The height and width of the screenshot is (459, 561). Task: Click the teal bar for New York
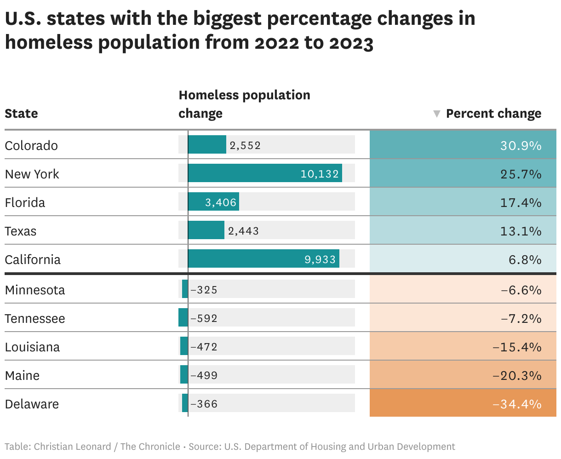(x=265, y=173)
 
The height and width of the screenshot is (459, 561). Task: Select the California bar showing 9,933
(x=263, y=258)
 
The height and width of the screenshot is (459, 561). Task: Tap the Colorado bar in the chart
(x=207, y=144)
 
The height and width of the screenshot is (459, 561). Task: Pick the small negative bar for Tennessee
(x=183, y=317)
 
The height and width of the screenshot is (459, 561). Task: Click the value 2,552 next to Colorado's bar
(x=245, y=145)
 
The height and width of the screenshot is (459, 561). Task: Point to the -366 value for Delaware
(x=204, y=404)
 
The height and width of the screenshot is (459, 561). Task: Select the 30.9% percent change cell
(x=463, y=145)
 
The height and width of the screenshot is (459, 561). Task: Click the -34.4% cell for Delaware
(x=463, y=403)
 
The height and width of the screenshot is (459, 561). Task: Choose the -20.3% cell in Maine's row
(x=463, y=374)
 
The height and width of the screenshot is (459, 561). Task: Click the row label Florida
(x=25, y=203)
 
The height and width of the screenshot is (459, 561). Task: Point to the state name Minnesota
(x=35, y=290)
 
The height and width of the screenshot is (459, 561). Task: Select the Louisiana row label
(x=32, y=347)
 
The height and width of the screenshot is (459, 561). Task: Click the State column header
(x=21, y=113)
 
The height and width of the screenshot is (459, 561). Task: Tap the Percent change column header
(x=494, y=114)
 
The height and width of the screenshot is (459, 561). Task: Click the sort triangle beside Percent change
(x=436, y=114)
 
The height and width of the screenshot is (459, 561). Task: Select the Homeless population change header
(x=244, y=104)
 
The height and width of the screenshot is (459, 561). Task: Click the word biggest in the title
(x=227, y=18)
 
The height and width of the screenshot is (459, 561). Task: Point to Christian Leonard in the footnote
(x=72, y=447)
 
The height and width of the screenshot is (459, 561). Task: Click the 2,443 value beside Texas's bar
(x=243, y=231)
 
